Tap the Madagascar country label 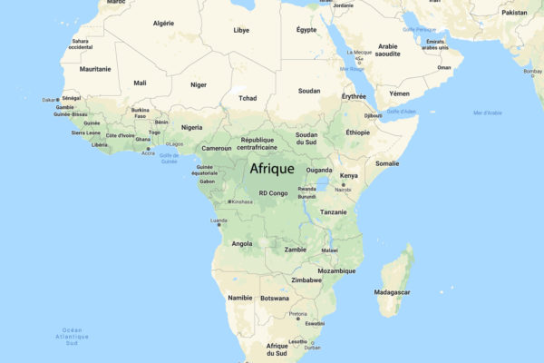coord(392,292)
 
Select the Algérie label coord(163,23)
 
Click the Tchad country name coord(247,98)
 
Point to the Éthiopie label coord(358,132)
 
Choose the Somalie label coord(387,163)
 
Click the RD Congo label coord(273,193)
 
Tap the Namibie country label coord(240,298)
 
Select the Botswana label coord(275,298)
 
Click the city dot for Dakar coord(59,99)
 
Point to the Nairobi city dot coord(343,183)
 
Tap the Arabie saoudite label coord(388,49)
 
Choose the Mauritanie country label coord(95,69)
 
